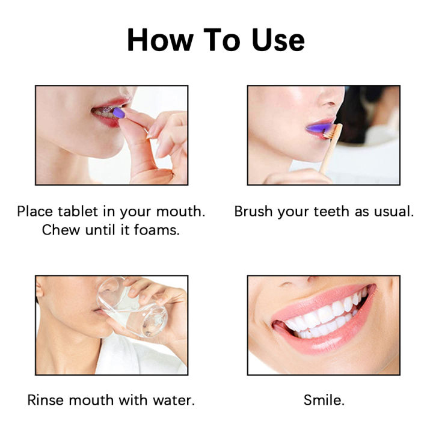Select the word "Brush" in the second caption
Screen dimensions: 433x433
click(253, 212)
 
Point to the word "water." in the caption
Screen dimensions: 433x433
click(175, 400)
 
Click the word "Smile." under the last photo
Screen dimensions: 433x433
click(324, 400)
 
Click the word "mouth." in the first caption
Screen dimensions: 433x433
click(182, 212)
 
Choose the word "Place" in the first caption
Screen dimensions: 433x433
click(35, 212)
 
